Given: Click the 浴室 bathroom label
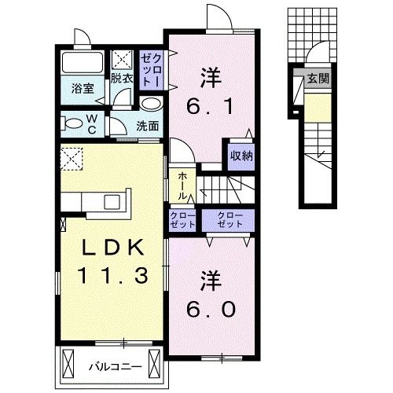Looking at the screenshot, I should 83,87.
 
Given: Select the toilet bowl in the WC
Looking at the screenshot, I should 74,122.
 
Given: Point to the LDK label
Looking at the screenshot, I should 112,248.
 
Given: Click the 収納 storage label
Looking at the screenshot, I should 241,156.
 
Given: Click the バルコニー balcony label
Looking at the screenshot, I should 109,365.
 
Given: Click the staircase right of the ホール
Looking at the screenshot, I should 225,189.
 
